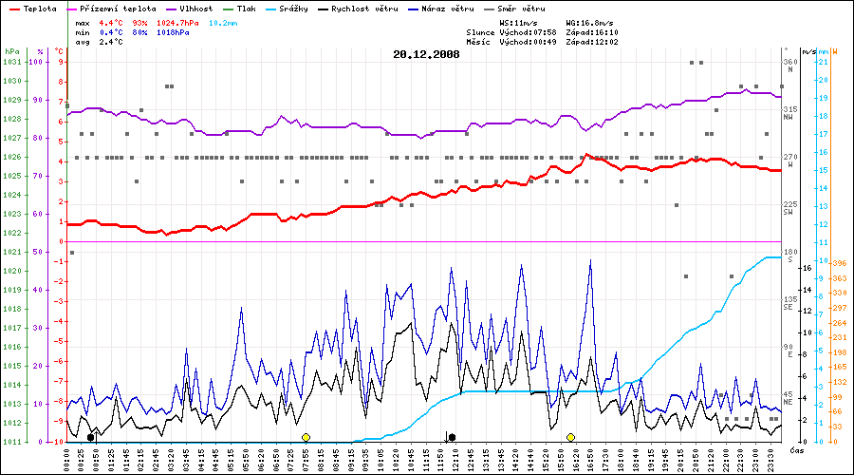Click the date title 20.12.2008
point(426,54)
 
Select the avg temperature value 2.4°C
point(113,42)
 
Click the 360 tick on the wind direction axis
point(789,62)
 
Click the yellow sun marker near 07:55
point(306,437)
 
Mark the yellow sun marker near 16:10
point(570,437)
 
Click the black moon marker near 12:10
point(452,437)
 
